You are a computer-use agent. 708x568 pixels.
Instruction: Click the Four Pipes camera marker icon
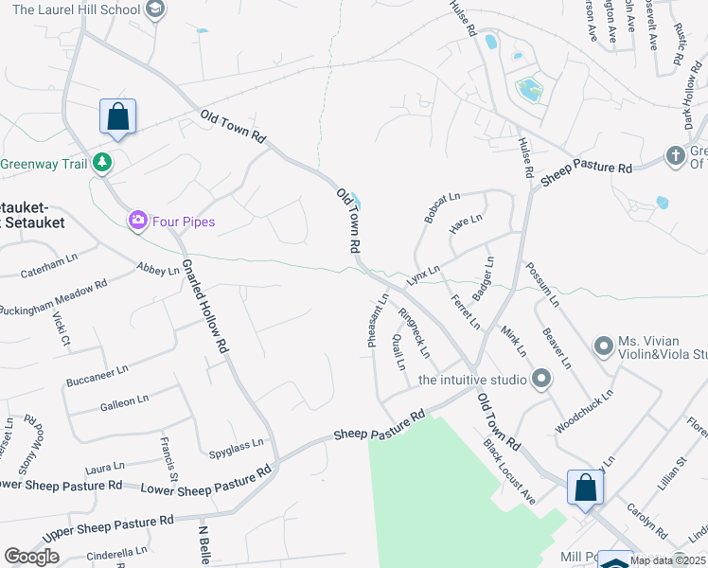(138, 221)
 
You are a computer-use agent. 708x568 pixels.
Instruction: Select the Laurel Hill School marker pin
(156, 10)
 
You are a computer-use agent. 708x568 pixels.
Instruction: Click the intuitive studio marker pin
(541, 380)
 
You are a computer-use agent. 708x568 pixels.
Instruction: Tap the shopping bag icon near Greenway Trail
(118, 117)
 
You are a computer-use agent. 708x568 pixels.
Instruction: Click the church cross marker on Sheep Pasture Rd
(675, 154)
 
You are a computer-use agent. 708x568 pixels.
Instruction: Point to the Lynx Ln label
(423, 275)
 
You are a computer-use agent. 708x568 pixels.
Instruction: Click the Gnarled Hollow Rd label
(205, 306)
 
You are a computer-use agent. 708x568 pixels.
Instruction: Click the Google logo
(31, 557)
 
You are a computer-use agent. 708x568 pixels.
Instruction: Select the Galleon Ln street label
(124, 402)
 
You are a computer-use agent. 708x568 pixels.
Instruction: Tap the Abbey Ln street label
(157, 270)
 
